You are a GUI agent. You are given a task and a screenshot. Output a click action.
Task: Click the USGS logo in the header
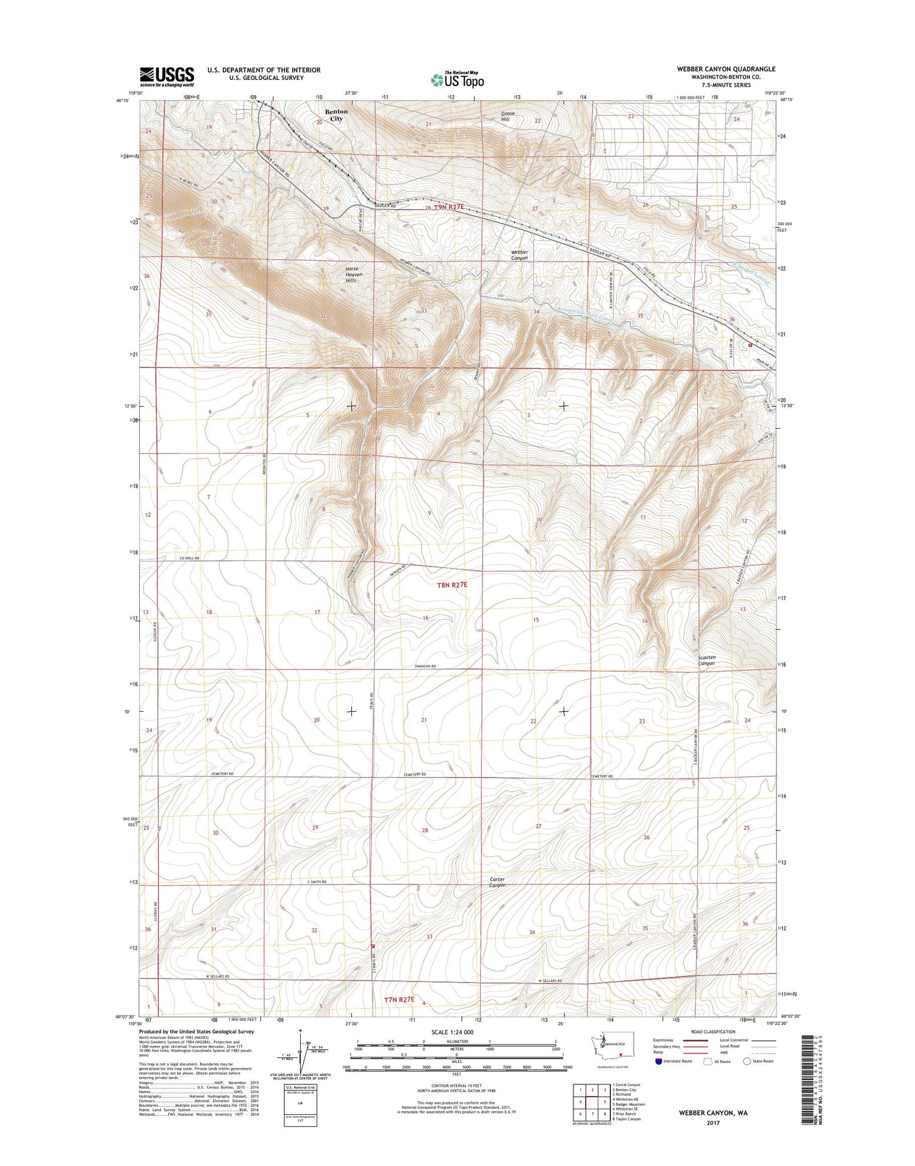[167, 76]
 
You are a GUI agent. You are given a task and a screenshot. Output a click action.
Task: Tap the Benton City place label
[336, 115]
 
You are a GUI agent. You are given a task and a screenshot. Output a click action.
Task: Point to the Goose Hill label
[508, 116]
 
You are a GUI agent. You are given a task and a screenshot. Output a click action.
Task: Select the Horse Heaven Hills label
[352, 274]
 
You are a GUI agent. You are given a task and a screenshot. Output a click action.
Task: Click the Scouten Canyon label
[706, 660]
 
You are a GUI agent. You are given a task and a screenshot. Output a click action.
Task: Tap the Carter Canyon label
[497, 882]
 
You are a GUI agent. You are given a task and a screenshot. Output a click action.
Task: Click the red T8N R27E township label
[452, 585]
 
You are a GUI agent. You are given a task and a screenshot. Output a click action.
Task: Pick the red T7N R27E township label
[400, 1000]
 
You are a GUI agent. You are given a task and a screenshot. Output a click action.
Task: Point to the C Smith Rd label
[317, 882]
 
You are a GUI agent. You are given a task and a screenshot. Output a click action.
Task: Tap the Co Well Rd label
[190, 558]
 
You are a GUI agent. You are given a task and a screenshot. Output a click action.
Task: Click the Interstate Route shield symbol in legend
[658, 1061]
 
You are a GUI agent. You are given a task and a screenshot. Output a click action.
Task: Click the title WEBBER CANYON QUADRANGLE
[726, 69]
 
